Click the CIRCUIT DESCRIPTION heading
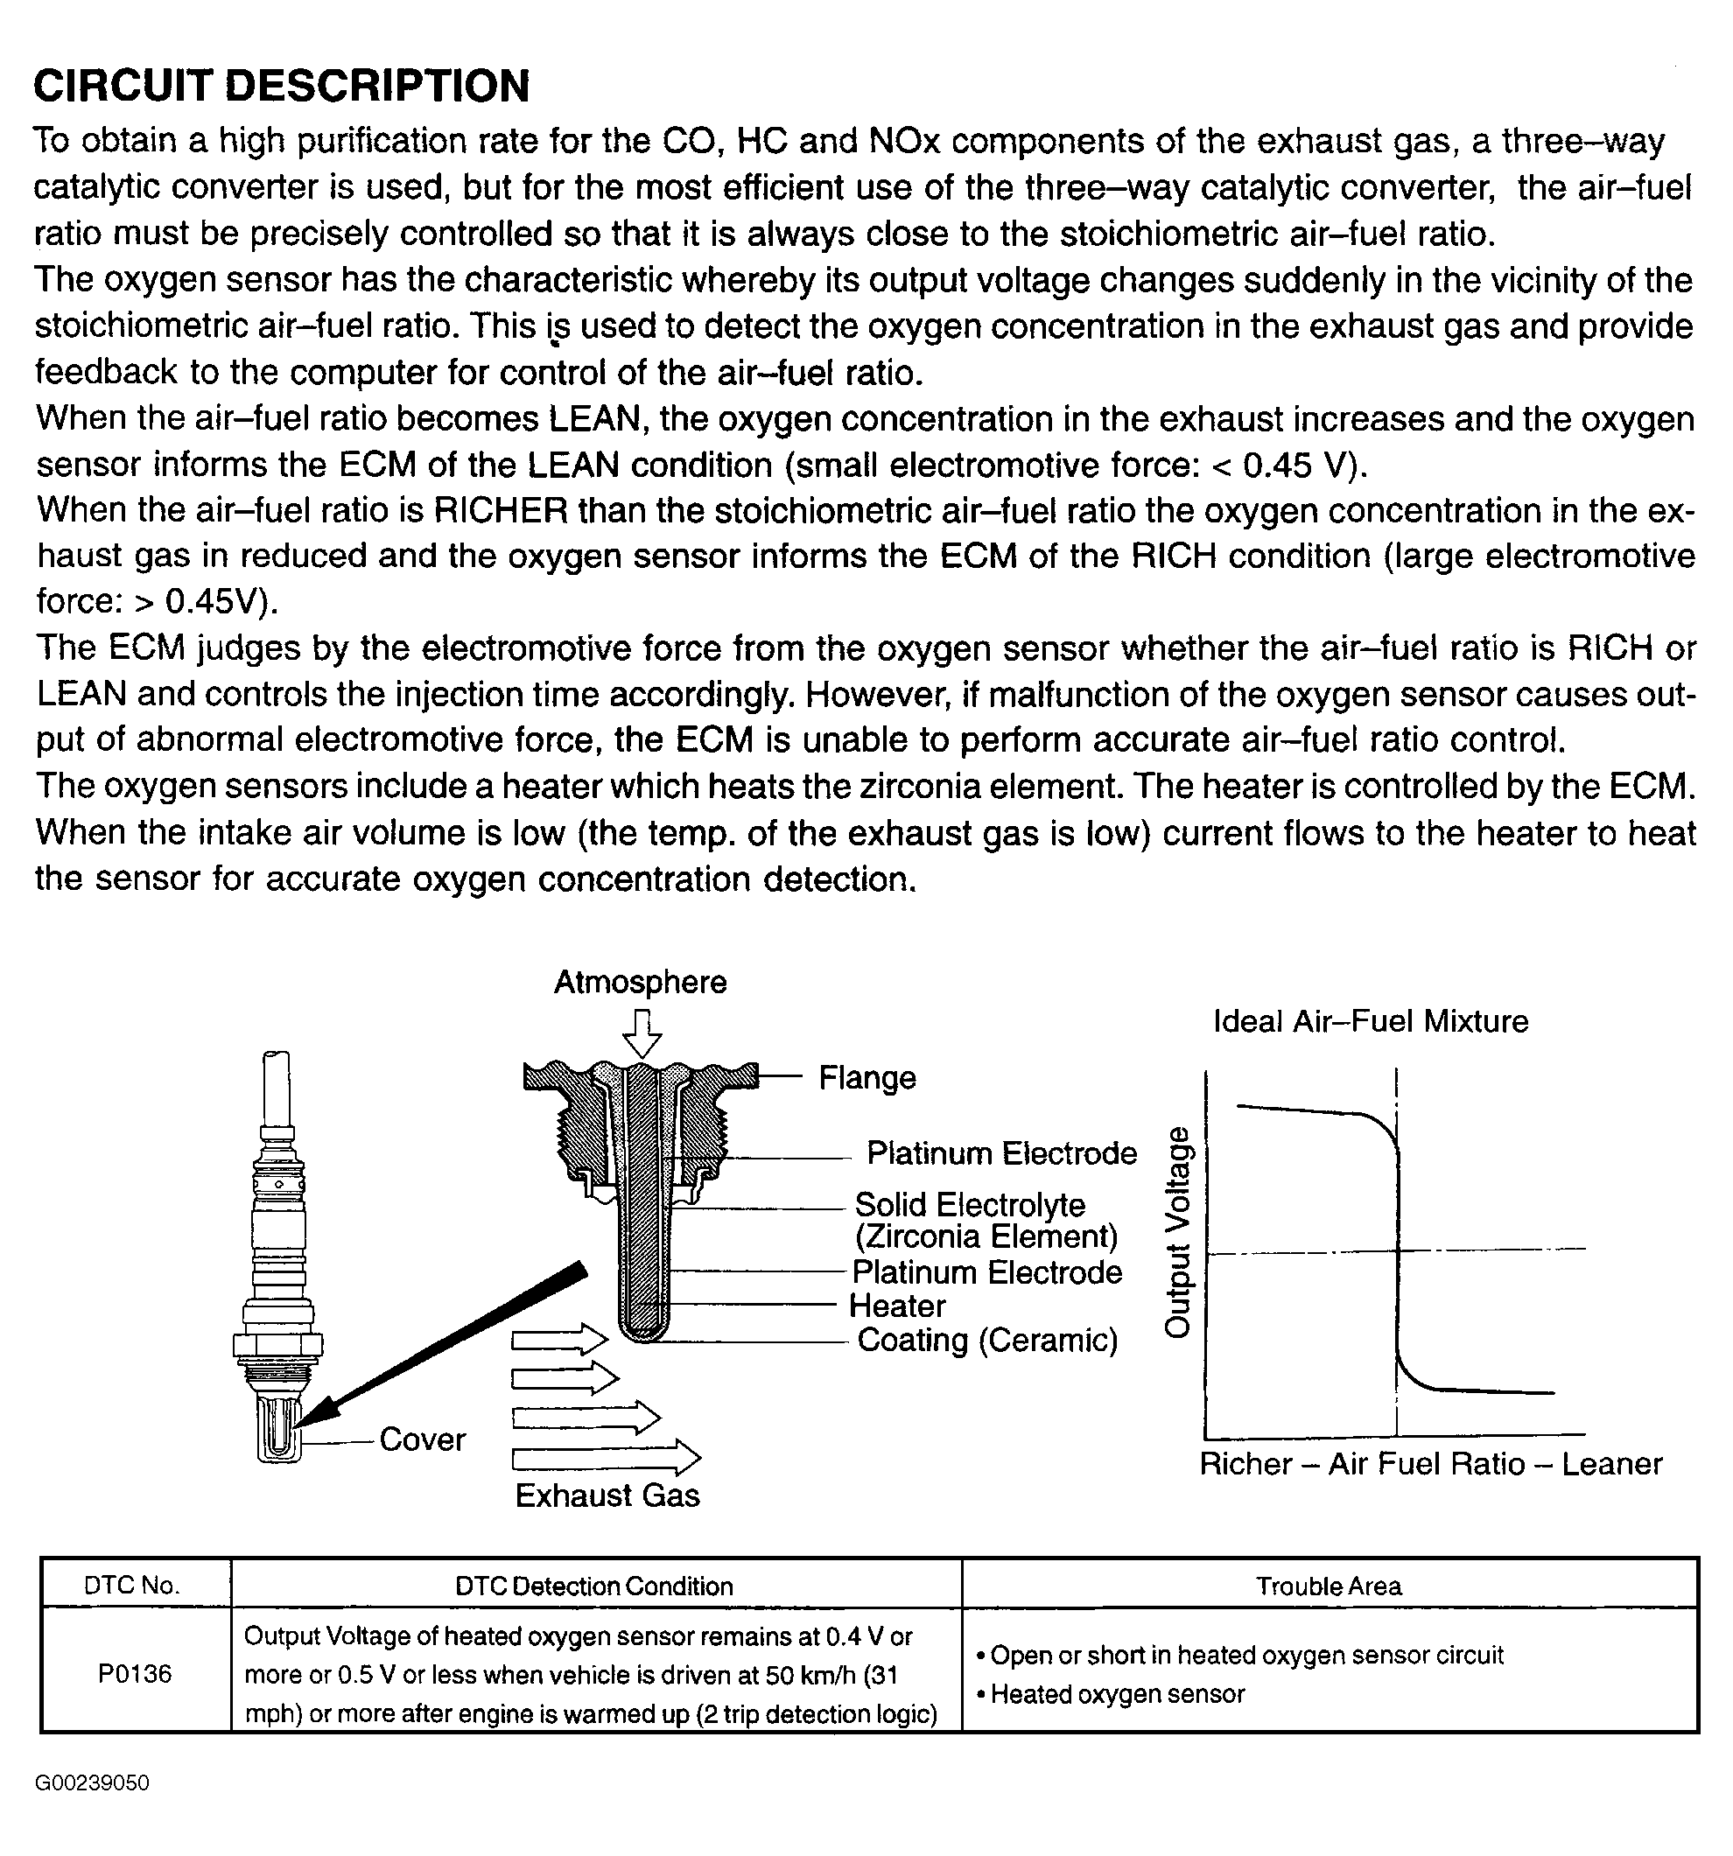(x=281, y=86)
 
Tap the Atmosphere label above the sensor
(x=640, y=982)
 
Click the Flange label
(x=866, y=1078)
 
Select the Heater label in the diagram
(x=896, y=1306)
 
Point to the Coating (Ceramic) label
(x=987, y=1341)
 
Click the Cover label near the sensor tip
(x=422, y=1439)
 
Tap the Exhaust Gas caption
(x=607, y=1495)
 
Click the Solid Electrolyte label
(x=970, y=1205)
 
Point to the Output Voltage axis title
(x=1178, y=1232)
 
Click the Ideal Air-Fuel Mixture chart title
(x=1371, y=1021)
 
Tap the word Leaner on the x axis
(x=1611, y=1464)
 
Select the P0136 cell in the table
(x=136, y=1674)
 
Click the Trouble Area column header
(x=1328, y=1586)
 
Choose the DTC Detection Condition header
(x=593, y=1586)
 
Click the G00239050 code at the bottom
(x=92, y=1783)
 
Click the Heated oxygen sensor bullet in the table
(x=1117, y=1694)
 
